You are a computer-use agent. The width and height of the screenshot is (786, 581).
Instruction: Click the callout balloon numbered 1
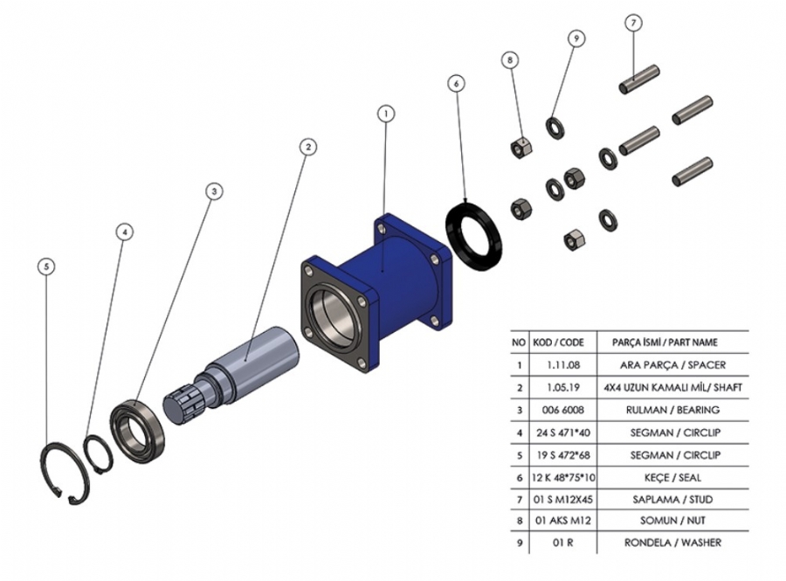[x=386, y=113]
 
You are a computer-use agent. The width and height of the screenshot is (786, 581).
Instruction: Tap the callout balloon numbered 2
[x=307, y=147]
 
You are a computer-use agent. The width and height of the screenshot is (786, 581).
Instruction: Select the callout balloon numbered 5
[x=47, y=266]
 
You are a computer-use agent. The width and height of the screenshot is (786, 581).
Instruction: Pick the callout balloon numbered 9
[x=576, y=38]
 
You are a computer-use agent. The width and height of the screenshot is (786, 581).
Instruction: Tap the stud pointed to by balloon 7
[x=639, y=80]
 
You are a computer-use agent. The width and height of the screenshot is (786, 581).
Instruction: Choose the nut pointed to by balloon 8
[x=521, y=146]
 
